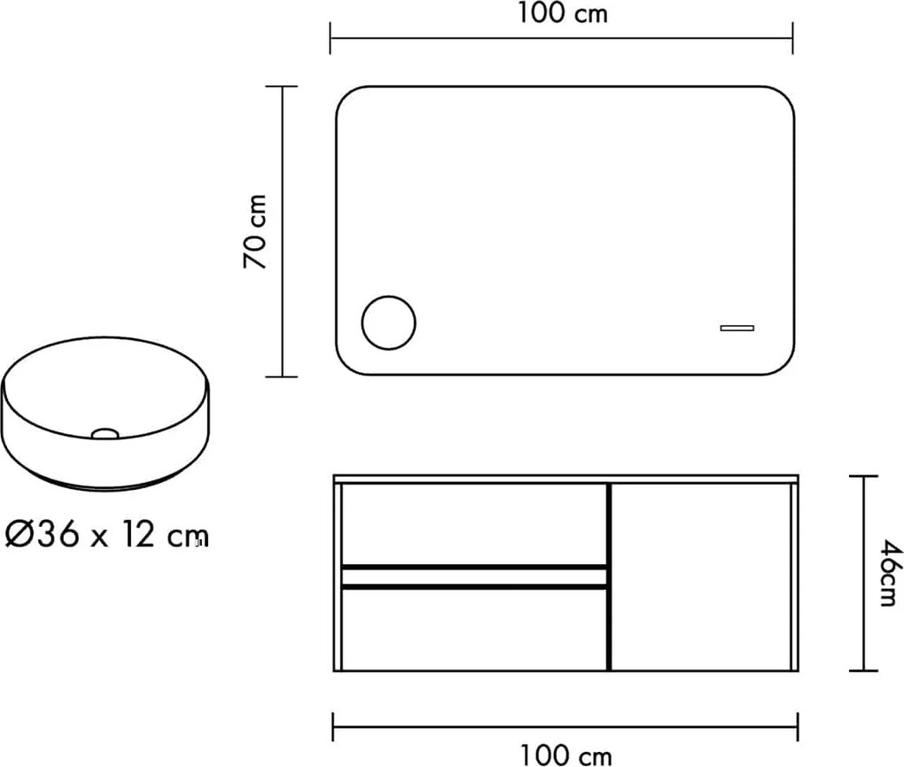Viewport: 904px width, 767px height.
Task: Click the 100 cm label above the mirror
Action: tap(562, 12)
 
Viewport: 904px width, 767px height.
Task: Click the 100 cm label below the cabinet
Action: tap(565, 755)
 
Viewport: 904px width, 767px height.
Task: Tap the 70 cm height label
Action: tap(255, 232)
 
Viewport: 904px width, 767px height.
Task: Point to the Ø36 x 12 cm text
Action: tap(106, 535)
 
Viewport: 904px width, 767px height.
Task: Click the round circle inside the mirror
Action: tap(388, 322)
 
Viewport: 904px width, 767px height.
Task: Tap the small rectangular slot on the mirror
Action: tap(736, 328)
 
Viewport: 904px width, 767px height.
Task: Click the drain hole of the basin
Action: tap(105, 433)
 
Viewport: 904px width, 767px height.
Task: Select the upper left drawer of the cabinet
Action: tap(473, 524)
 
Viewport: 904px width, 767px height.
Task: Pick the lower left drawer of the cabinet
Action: tap(473, 629)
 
